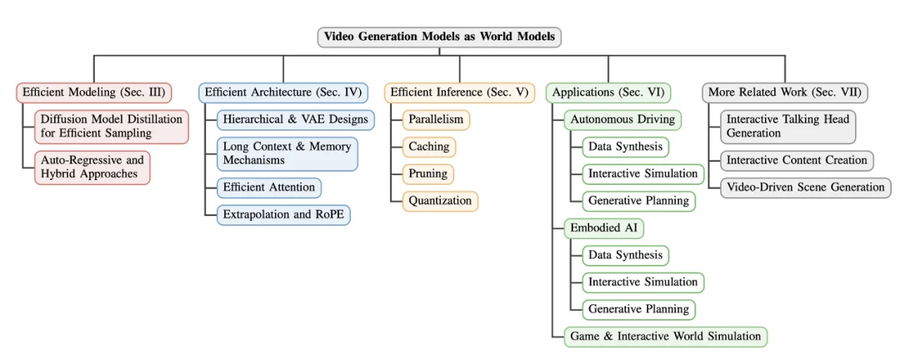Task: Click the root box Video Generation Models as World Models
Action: point(439,37)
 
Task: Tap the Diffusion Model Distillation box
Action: point(112,127)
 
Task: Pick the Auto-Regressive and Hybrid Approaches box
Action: point(92,167)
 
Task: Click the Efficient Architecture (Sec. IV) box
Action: point(283,92)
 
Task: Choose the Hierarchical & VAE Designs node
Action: point(295,119)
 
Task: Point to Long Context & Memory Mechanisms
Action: point(287,153)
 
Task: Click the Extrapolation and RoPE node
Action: point(283,215)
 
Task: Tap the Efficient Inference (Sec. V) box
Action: point(459,92)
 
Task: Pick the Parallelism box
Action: point(435,119)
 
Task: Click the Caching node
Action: point(428,147)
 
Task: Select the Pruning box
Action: point(427,173)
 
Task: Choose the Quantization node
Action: point(440,201)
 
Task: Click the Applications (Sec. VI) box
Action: point(608,92)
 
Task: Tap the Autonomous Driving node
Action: point(622,119)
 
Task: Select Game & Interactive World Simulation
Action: point(665,337)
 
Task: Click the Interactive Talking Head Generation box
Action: point(787,127)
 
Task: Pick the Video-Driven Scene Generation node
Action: point(805,187)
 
